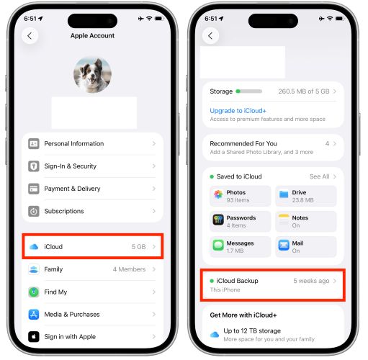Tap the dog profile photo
[92, 76]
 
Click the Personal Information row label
[73, 143]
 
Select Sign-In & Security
[70, 166]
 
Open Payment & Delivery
[72, 189]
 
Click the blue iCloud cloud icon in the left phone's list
[34, 246]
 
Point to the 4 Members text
[129, 269]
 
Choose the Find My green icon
[34, 292]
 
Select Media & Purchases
[71, 314]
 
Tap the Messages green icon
[218, 245]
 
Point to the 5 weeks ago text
[310, 280]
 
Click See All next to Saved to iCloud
[319, 176]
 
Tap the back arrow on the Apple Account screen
[30, 35]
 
